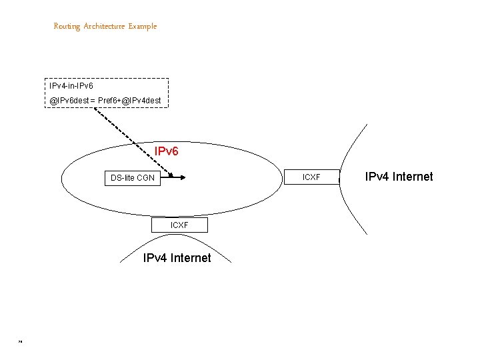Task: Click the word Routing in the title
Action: [67, 27]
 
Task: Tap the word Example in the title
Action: [143, 27]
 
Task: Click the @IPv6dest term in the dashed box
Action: [69, 101]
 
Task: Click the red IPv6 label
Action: [166, 152]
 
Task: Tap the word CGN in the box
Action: [145, 178]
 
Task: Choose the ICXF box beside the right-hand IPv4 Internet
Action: [311, 177]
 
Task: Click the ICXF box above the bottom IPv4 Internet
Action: [179, 225]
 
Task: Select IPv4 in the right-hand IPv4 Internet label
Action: [376, 177]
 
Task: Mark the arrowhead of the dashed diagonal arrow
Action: [170, 175]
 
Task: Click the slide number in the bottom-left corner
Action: [21, 343]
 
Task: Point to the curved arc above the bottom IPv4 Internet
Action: [176, 240]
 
